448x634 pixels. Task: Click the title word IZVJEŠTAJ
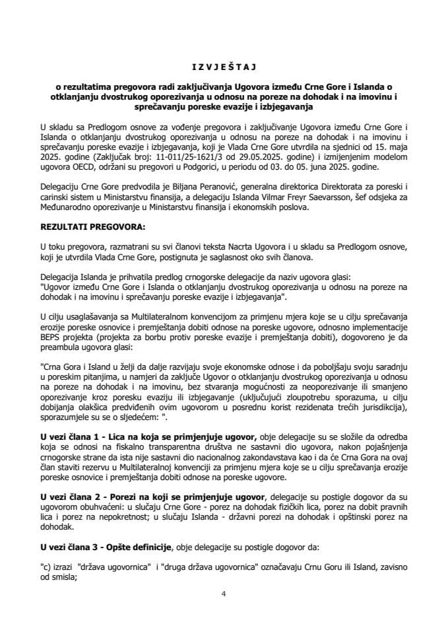pos(224,67)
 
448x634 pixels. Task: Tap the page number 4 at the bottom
pos(224,593)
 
